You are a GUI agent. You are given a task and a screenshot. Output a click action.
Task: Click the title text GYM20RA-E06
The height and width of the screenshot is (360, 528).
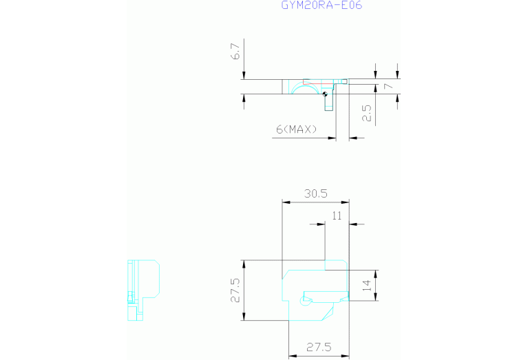pyautogui.click(x=321, y=5)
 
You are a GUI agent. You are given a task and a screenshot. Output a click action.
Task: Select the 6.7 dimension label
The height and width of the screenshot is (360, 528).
pyautogui.click(x=235, y=51)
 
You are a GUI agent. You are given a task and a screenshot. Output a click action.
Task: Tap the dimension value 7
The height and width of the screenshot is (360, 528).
pyautogui.click(x=388, y=86)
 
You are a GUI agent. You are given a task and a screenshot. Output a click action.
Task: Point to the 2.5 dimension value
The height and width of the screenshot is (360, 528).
pyautogui.click(x=367, y=113)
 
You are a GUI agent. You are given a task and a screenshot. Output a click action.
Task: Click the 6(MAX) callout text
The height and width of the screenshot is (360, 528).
pyautogui.click(x=297, y=129)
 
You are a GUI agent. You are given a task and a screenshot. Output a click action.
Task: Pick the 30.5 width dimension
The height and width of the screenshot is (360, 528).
pyautogui.click(x=316, y=193)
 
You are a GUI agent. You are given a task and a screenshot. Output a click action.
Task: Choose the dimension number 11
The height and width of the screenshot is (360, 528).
pyautogui.click(x=337, y=216)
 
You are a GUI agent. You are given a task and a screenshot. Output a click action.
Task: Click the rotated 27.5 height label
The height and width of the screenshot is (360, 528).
pyautogui.click(x=235, y=290)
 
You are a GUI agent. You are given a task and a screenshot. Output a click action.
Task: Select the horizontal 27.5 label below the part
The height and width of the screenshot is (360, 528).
pyautogui.click(x=319, y=347)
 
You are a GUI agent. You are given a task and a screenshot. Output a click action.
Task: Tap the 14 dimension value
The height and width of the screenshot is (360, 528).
pyautogui.click(x=367, y=285)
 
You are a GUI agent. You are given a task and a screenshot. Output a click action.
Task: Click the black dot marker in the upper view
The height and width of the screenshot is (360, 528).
pyautogui.click(x=325, y=94)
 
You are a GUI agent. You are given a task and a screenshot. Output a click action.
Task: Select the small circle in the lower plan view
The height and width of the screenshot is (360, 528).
pyautogui.click(x=304, y=301)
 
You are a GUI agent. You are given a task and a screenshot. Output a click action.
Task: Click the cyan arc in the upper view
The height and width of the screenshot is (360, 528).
pyautogui.click(x=305, y=85)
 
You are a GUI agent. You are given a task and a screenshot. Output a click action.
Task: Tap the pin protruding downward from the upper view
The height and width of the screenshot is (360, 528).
pyautogui.click(x=329, y=102)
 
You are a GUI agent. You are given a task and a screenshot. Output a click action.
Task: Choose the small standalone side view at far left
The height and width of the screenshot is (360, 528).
pyautogui.click(x=143, y=290)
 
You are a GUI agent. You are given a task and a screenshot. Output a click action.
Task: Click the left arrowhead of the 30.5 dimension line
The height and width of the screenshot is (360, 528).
pyautogui.click(x=286, y=202)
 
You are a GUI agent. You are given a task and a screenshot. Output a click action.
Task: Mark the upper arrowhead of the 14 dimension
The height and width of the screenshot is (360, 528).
pyautogui.click(x=376, y=273)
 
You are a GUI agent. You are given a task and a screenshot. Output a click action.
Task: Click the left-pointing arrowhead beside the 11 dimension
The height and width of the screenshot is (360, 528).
pyautogui.click(x=353, y=224)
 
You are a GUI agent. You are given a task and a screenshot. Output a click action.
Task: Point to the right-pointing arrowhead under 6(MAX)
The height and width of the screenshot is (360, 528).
pyautogui.click(x=332, y=138)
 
